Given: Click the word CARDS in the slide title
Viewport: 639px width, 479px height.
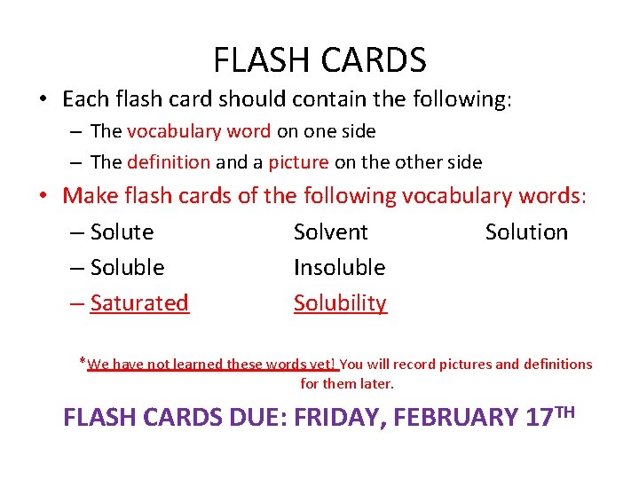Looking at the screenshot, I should click(375, 59).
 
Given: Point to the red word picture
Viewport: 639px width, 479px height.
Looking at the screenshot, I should click(298, 162).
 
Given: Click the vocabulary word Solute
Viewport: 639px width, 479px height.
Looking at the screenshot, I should click(122, 232).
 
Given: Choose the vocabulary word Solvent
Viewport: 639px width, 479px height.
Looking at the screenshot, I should click(330, 232).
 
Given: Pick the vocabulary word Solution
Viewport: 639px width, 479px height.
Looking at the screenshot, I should click(526, 232).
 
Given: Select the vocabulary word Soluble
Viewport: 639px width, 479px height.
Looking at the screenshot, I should click(127, 267).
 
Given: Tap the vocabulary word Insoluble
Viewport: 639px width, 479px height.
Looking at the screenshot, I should click(339, 267).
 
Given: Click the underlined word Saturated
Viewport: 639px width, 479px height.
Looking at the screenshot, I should click(139, 302).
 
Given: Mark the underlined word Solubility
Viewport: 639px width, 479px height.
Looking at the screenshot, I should click(340, 302).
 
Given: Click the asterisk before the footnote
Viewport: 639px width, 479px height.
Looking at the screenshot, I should click(82, 361).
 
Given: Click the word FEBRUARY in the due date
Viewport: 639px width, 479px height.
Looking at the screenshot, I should click(456, 417).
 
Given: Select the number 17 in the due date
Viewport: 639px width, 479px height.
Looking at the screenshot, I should click(539, 417).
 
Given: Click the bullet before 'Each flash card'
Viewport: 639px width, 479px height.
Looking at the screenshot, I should click(43, 99).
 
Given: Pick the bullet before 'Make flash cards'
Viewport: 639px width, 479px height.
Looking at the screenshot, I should click(43, 195).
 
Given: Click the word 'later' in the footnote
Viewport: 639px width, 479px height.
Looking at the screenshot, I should click(375, 384).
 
